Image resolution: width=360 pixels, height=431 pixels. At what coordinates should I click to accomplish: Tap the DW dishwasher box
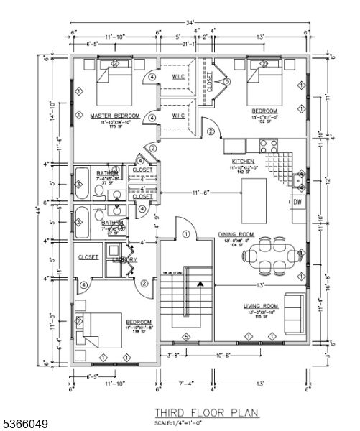(297, 202)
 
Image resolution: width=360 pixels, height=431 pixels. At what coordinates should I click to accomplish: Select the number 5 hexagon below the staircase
(185, 336)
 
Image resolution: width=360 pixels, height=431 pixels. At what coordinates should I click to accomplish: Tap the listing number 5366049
(25, 425)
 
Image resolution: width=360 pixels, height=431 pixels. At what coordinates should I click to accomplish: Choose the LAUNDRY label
(124, 259)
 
